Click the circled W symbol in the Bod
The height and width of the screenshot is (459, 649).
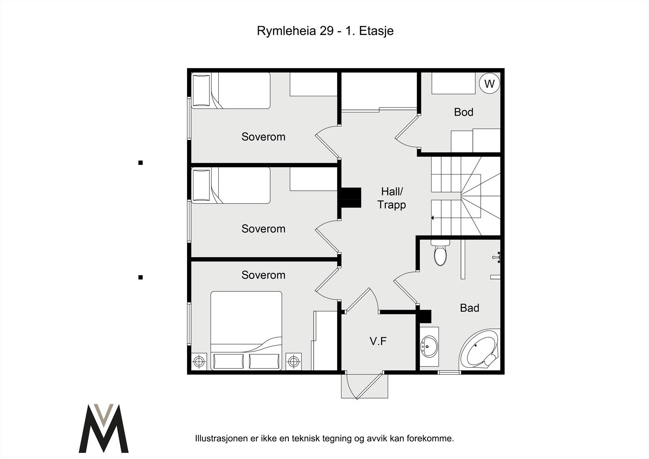click(490, 84)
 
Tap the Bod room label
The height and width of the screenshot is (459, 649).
click(464, 112)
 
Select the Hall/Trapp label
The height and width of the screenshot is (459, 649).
click(392, 198)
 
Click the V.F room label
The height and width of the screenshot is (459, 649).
click(378, 341)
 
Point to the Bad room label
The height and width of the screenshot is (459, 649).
click(469, 308)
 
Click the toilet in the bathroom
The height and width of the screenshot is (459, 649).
click(441, 252)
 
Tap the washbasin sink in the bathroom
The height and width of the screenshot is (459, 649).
click(429, 347)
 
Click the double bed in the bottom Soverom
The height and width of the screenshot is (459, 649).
click(246, 330)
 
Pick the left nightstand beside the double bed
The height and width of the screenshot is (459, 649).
click(199, 361)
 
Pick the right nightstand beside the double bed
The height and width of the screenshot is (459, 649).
click(294, 361)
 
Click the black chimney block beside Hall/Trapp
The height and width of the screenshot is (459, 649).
click(351, 198)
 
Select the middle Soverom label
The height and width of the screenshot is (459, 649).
click(263, 229)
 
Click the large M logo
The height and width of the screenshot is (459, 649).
click(103, 428)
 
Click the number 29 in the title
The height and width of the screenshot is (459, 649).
click(327, 31)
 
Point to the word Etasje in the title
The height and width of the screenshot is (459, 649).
click(376, 31)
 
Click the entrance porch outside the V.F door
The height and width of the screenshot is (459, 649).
click(365, 386)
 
